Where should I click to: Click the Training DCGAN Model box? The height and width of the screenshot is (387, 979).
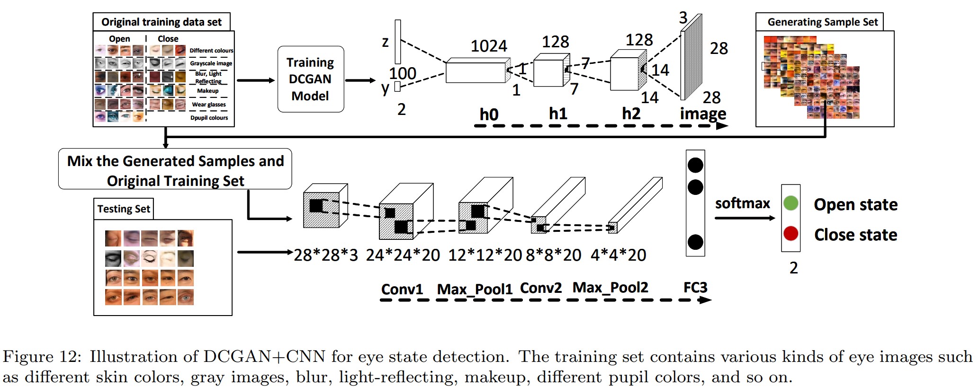pyautogui.click(x=310, y=79)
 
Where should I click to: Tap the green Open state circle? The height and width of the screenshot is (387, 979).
pyautogui.click(x=790, y=203)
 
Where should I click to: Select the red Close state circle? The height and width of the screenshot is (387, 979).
pyautogui.click(x=790, y=234)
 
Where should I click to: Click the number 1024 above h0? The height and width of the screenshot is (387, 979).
pyautogui.click(x=488, y=46)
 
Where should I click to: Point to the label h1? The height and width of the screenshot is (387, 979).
pyautogui.click(x=558, y=114)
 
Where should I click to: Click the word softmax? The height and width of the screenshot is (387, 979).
pyautogui.click(x=742, y=203)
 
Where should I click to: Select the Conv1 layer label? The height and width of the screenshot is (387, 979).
pyautogui.click(x=402, y=289)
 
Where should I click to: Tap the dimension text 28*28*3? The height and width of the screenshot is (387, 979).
pyautogui.click(x=326, y=255)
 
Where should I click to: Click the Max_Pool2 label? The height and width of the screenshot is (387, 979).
pyautogui.click(x=610, y=288)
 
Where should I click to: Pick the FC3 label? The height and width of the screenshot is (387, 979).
pyautogui.click(x=695, y=288)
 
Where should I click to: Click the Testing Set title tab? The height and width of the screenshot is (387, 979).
pyautogui.click(x=124, y=209)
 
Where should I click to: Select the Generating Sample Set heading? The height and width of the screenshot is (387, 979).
pyautogui.click(x=822, y=22)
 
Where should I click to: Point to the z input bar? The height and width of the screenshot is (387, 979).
pyautogui.click(x=398, y=42)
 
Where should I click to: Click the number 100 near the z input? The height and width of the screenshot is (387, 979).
pyautogui.click(x=403, y=73)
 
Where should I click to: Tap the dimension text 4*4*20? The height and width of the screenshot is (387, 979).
pyautogui.click(x=618, y=255)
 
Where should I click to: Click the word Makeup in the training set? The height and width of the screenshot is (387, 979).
pyautogui.click(x=207, y=91)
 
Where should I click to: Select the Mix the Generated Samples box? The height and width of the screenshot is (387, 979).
pyautogui.click(x=175, y=170)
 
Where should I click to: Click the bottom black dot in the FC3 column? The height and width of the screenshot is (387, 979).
pyautogui.click(x=695, y=242)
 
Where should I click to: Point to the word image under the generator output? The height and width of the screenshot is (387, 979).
pyautogui.click(x=703, y=114)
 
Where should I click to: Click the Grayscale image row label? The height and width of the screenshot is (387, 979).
pyautogui.click(x=211, y=63)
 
